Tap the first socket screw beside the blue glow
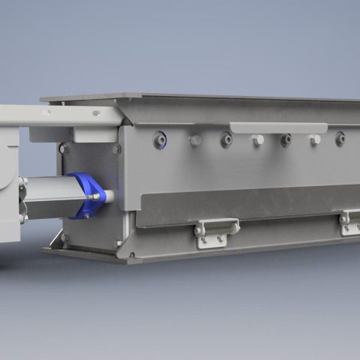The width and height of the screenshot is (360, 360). [159, 139]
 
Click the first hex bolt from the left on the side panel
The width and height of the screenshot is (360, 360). [196, 140]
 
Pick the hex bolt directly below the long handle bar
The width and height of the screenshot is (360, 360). [257, 140]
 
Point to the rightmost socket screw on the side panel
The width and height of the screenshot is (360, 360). [340, 138]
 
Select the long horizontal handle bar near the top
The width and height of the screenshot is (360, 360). [278, 127]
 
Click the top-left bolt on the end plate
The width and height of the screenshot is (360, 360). [65, 148]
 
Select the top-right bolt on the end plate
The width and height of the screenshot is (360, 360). [117, 148]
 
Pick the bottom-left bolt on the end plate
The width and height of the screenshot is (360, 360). [65, 238]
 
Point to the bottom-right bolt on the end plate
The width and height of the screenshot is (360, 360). [117, 244]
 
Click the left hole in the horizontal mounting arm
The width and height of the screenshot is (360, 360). [46, 112]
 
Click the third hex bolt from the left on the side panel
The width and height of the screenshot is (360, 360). [315, 139]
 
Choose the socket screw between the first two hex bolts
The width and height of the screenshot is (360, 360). [226, 139]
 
